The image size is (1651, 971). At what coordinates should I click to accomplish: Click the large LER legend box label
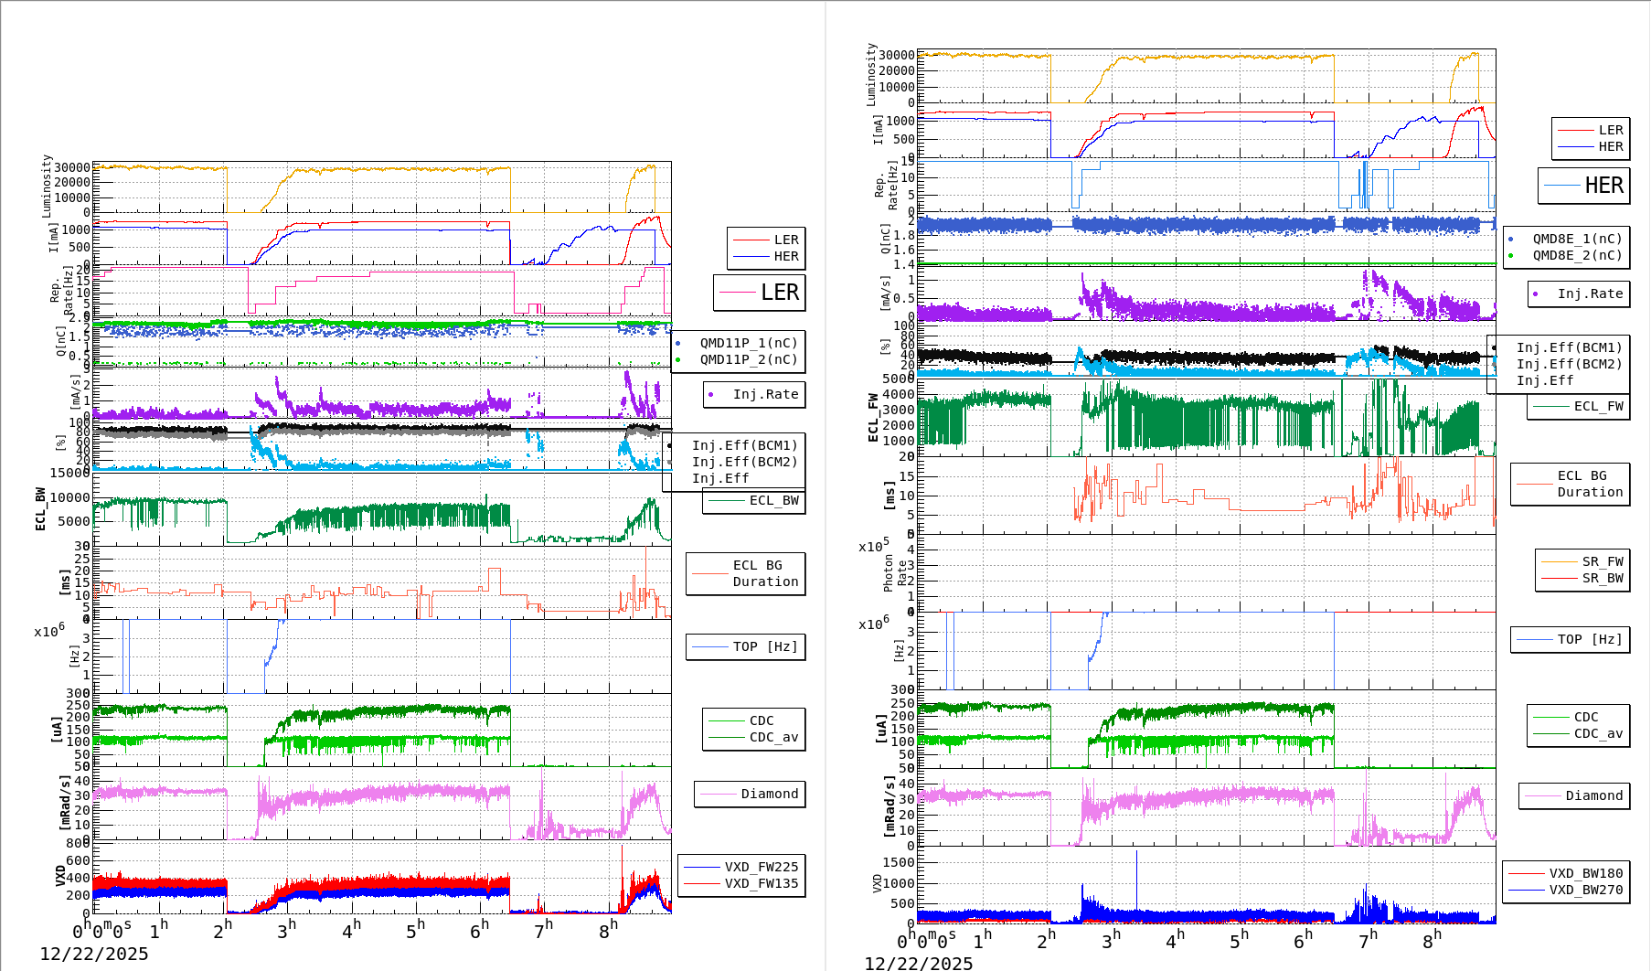(779, 293)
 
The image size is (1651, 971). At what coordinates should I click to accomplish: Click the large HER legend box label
(1603, 186)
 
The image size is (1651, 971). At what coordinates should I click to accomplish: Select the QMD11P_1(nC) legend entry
(748, 343)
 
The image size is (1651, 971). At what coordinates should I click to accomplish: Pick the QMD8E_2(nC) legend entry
(1577, 255)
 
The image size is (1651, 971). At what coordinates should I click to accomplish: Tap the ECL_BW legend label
(773, 500)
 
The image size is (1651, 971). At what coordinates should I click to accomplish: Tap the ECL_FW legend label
(1598, 406)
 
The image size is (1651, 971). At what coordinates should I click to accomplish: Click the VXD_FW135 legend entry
(761, 883)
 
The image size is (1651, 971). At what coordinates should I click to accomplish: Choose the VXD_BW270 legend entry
(1585, 890)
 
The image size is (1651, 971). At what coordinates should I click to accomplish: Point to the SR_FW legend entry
(1603, 561)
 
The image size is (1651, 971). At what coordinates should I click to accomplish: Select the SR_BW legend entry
(1603, 578)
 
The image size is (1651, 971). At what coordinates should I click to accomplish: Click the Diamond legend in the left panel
(769, 794)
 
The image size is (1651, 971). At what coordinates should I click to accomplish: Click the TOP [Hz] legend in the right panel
(1590, 639)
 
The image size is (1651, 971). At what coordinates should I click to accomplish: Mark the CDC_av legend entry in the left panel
(773, 737)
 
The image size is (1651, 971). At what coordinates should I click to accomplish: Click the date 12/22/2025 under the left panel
(94, 954)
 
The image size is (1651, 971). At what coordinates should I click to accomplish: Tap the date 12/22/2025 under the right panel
(919, 963)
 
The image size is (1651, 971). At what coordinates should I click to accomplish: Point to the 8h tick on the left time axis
(608, 927)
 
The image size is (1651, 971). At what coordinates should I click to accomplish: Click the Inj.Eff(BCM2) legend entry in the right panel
(1569, 364)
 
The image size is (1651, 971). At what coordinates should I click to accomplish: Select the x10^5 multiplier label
(873, 547)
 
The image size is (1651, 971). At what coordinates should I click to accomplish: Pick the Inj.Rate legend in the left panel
(765, 394)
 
